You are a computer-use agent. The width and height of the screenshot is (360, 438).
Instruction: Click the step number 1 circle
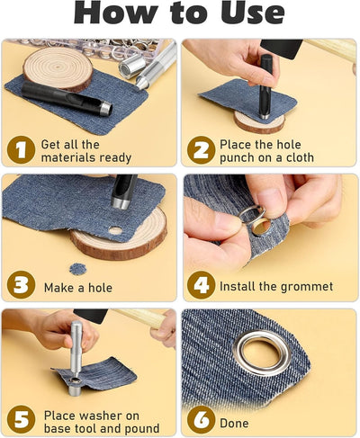click(x=21, y=149)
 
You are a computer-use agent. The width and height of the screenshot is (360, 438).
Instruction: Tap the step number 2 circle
click(x=201, y=149)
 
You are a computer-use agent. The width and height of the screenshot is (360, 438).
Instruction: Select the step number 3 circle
click(x=21, y=284)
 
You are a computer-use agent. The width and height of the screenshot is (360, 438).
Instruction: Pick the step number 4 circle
click(x=201, y=285)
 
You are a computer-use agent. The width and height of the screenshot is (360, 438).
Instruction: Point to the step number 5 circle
click(x=21, y=419)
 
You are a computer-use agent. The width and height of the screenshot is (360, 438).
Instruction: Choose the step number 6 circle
click(x=201, y=420)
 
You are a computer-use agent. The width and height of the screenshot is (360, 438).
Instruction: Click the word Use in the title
click(x=253, y=13)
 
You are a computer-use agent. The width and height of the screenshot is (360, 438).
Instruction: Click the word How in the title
click(x=116, y=13)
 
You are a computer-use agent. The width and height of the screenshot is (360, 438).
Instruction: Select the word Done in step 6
click(x=234, y=424)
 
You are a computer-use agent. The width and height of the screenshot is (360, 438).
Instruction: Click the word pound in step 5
click(x=142, y=429)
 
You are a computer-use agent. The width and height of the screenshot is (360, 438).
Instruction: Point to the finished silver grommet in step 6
click(x=261, y=353)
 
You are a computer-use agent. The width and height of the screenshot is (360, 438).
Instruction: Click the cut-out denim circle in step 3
click(x=78, y=269)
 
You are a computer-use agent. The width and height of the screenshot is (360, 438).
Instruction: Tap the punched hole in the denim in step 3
click(x=115, y=230)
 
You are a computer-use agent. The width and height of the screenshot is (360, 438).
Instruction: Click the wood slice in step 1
click(x=58, y=69)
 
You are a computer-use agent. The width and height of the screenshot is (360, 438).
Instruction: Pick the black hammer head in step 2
click(x=282, y=49)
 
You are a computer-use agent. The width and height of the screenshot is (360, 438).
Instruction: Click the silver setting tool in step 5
click(x=76, y=358)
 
